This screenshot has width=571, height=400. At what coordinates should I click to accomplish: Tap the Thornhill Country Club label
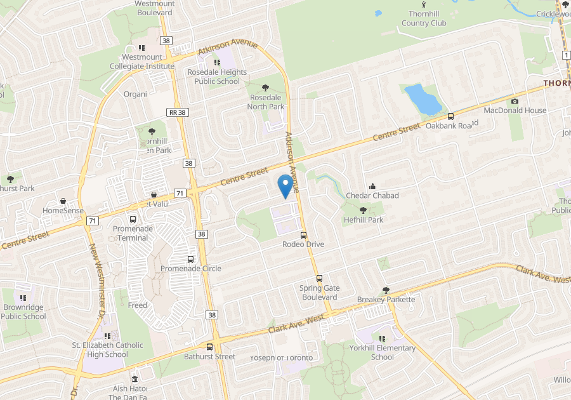424,19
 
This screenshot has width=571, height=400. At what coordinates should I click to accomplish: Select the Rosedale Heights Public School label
217,77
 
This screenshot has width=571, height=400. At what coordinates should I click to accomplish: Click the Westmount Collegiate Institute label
148,61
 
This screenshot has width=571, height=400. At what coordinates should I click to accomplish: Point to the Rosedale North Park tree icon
266,88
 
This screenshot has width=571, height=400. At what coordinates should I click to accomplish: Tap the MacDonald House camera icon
515,101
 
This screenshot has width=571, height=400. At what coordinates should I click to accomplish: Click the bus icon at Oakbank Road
450,116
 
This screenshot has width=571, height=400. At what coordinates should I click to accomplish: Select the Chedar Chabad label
372,196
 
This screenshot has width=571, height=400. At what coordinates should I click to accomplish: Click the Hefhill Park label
364,220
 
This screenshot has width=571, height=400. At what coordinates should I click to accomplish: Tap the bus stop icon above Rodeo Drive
303,234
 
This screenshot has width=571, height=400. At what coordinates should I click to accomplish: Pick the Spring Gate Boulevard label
319,293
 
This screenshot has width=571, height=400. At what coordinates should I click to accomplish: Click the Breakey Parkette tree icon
386,290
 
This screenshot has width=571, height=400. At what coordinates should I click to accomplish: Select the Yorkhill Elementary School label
383,352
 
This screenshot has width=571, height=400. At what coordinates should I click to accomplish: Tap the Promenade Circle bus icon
190,259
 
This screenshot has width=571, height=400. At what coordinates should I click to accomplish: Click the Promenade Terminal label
133,233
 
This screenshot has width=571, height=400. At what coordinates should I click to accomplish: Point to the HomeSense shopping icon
63,201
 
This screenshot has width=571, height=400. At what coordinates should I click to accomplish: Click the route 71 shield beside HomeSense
93,220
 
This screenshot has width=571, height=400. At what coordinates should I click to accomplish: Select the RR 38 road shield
177,112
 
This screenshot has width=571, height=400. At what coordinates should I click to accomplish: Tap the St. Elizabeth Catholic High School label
107,350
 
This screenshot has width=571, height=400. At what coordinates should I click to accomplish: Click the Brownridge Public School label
23,311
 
